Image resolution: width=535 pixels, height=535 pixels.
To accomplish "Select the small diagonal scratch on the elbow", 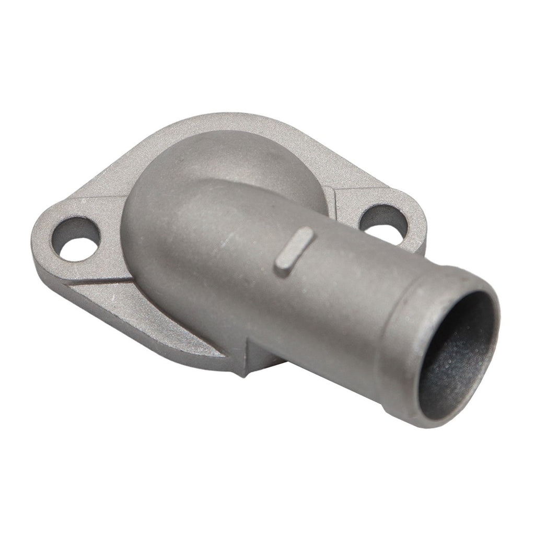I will coord(226,242).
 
